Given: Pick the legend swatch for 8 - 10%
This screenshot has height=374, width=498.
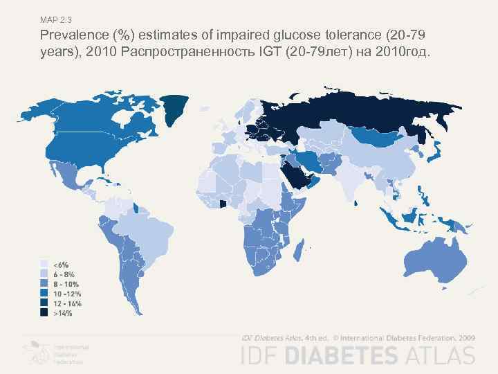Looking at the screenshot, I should tap(44, 284).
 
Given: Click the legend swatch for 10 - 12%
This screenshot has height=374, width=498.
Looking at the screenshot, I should tap(44, 294).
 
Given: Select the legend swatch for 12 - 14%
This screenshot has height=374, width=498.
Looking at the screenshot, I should tap(44, 303).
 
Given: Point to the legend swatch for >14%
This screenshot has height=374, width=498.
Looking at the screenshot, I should tap(44, 313).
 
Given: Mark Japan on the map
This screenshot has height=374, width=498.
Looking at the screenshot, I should tap(437, 152).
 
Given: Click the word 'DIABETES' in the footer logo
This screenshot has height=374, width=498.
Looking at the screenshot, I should tap(340, 355).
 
